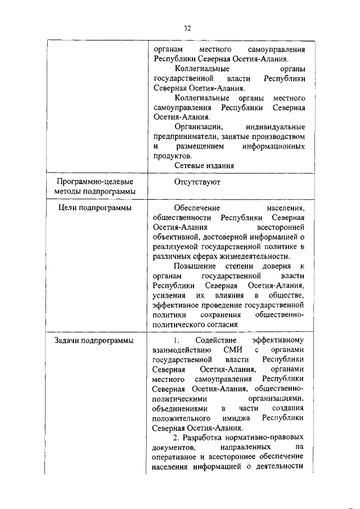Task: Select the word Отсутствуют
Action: (197, 182)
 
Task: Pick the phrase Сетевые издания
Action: (204, 165)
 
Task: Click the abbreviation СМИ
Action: (223, 350)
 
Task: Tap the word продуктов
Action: (171, 156)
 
